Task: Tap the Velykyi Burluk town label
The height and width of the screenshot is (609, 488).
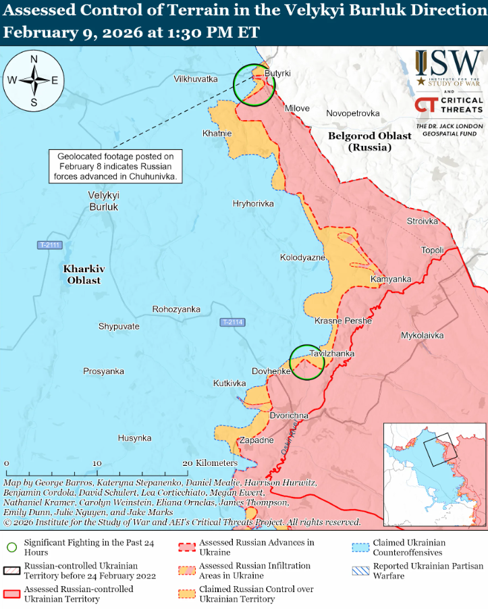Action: [x=103, y=201]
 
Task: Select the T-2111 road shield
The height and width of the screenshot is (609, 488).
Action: [x=49, y=245]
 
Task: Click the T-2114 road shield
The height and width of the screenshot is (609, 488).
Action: [x=232, y=323]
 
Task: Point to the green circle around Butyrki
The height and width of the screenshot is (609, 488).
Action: [x=254, y=85]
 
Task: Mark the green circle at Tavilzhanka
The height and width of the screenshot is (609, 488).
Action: [x=307, y=362]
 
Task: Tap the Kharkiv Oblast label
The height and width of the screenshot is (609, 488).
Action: [x=82, y=274]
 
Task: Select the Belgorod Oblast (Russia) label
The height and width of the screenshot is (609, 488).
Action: [x=369, y=140]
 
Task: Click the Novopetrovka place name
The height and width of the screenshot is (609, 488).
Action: [x=352, y=113]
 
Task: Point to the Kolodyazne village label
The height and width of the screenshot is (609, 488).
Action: [x=302, y=257]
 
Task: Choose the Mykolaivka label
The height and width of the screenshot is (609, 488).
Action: [x=422, y=335]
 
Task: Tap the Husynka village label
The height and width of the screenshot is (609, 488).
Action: [x=134, y=438]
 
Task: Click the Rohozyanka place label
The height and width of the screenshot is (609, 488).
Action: [x=176, y=309]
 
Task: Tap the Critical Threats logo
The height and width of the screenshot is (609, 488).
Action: [x=449, y=105]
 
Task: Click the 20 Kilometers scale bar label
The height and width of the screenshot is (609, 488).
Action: [x=210, y=463]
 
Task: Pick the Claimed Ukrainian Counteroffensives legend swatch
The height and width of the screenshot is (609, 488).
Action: [x=362, y=546]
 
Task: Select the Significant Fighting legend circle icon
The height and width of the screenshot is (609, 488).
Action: [x=11, y=546]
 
